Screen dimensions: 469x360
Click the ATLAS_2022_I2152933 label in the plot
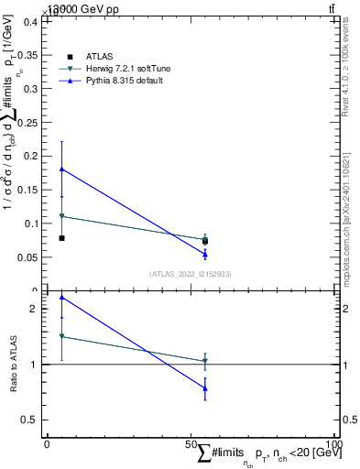click(x=191, y=274)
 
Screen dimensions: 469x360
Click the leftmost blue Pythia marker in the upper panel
click(x=61, y=169)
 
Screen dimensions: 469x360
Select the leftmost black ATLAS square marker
click(x=61, y=238)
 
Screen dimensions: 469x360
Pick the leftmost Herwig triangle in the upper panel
click(x=61, y=216)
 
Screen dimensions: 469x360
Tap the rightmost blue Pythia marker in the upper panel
click(x=205, y=255)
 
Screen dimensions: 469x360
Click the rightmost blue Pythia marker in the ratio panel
click(x=205, y=388)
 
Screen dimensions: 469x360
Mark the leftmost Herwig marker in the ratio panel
click(x=61, y=336)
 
